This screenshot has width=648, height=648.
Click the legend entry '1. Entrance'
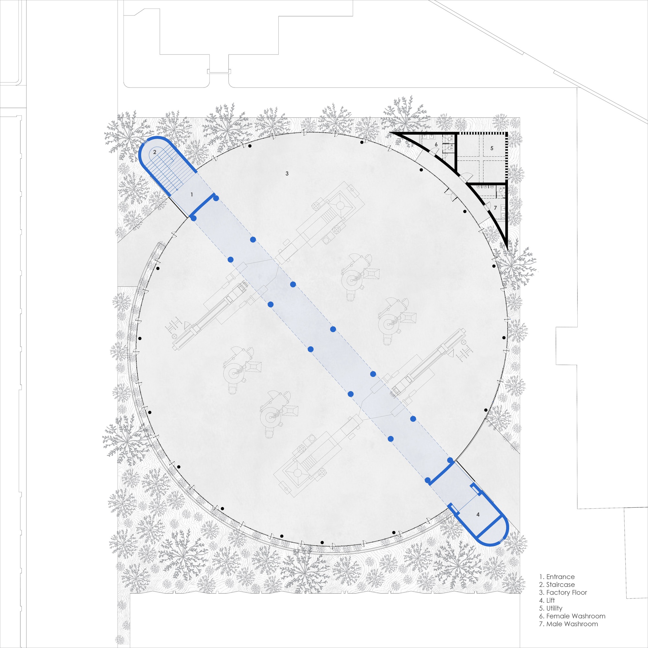pos(557,577)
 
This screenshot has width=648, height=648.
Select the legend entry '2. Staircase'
pos(557,584)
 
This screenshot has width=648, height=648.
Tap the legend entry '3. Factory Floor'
pos(563,593)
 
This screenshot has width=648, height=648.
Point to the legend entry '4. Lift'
pos(547,600)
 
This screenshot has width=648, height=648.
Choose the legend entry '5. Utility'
pos(551,608)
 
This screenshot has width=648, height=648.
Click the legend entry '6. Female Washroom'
pos(572,616)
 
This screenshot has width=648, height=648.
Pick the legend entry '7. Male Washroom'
pos(569,624)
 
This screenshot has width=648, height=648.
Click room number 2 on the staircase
pos(155,152)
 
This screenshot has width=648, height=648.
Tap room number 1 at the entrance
pos(191,194)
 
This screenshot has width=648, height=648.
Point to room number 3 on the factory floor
pos(287,173)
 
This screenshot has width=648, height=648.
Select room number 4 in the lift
pos(478,514)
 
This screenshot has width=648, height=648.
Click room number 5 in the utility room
pos(492,148)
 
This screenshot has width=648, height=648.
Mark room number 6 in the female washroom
pos(436,144)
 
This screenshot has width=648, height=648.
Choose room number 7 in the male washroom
pos(495,208)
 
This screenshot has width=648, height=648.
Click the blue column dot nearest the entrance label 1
pos(216,198)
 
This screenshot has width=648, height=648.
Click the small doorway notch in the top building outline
pos(219,71)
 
